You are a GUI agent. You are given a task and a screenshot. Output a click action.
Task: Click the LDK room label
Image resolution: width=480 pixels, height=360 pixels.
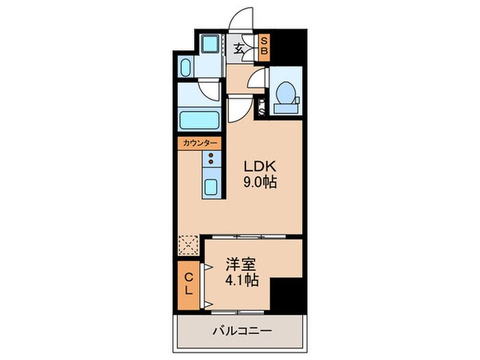click(260, 166)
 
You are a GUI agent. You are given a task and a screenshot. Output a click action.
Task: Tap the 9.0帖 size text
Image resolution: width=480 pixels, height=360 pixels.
click(260, 182)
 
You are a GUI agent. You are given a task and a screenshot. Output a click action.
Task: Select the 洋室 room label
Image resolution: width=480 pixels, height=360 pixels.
click(241, 265)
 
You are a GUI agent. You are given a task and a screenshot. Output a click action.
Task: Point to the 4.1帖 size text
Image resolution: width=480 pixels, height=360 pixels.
click(242, 280)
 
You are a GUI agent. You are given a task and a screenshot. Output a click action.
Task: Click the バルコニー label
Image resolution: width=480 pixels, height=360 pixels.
click(242, 331)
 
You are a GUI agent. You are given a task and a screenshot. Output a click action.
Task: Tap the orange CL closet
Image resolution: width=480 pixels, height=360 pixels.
click(189, 285)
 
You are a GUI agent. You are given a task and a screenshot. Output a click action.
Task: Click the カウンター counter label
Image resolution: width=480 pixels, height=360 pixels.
click(200, 143)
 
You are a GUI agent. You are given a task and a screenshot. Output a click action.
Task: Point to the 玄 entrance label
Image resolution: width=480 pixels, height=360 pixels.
click(239, 49)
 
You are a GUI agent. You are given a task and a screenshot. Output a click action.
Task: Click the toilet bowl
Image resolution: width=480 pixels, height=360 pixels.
click(285, 92)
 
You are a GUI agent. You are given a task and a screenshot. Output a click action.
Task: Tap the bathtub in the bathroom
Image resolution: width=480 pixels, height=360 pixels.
click(200, 120)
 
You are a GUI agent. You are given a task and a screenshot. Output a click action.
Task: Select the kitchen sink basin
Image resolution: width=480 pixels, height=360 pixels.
click(211, 187)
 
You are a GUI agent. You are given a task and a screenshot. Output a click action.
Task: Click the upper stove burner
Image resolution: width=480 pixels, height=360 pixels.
click(211, 156)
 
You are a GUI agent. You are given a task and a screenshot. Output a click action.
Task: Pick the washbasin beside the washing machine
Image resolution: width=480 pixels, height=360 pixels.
click(186, 68)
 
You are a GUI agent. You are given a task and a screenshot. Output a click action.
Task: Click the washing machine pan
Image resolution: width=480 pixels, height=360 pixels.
click(210, 44)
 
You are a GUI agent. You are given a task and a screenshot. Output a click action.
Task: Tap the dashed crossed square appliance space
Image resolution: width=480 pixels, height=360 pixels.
click(189, 245)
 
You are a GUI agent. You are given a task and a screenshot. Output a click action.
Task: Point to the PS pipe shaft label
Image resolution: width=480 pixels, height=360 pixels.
click(262, 108)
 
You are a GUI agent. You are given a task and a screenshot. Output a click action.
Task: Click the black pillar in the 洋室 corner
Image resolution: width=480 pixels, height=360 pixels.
click(286, 296)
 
